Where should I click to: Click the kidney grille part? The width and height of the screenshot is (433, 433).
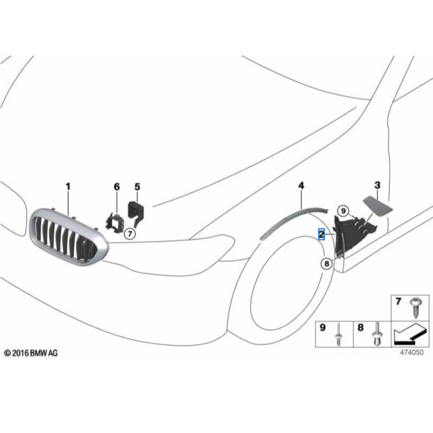coord(68,237)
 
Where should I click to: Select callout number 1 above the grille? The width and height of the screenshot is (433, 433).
coord(68,185)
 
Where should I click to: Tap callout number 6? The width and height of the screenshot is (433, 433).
coord(116,185)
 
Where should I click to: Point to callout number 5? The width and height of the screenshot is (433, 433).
coord(137,185)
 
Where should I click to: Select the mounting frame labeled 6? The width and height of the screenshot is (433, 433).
coord(115,222)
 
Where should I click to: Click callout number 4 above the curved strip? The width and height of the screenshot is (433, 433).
coord(301,184)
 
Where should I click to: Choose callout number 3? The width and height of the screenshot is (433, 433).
coord(377,184)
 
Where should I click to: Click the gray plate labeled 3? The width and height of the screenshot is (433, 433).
coord(373,205)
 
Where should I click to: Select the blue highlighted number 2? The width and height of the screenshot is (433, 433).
coord(321,234)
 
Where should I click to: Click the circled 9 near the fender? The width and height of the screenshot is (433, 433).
coord(343,211)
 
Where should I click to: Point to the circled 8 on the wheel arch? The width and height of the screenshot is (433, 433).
coord(326,263)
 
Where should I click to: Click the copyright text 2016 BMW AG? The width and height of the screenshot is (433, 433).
coord(31,352)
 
